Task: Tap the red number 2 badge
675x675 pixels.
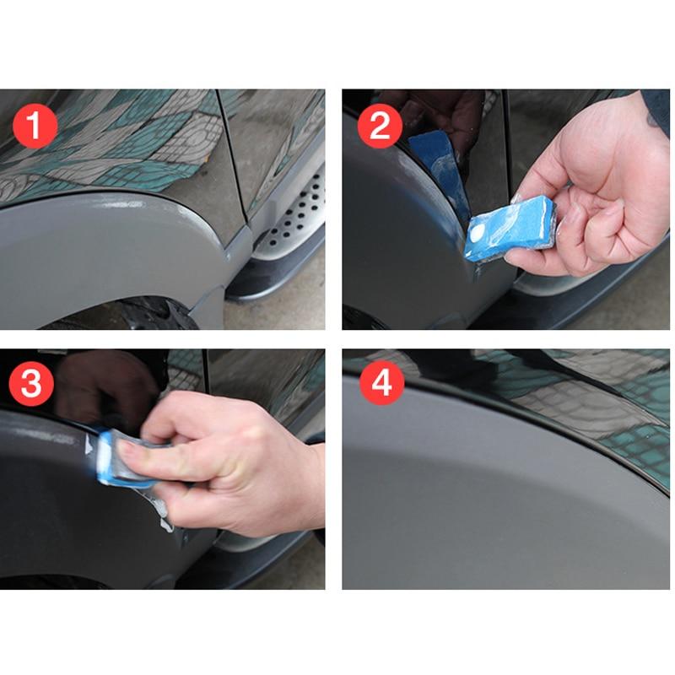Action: (x=381, y=128)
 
